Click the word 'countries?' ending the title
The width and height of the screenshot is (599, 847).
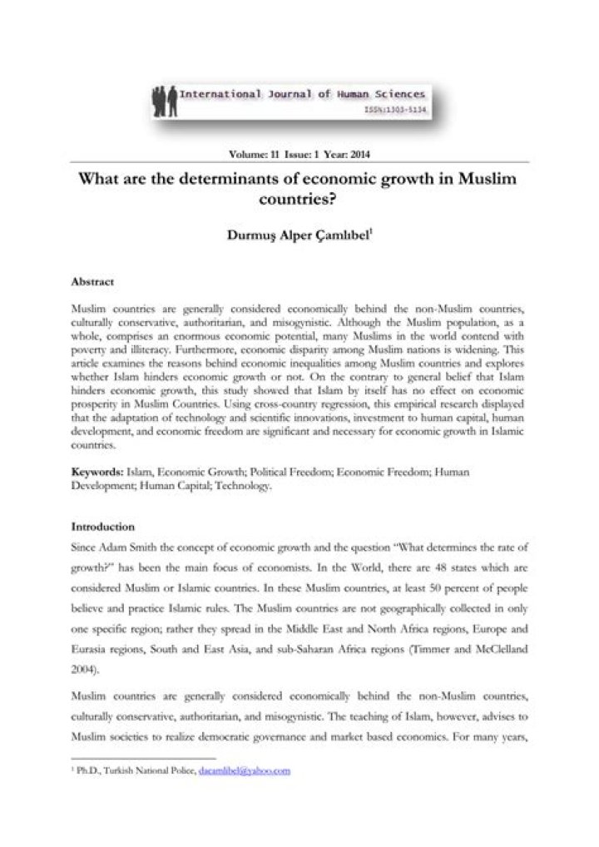(x=299, y=200)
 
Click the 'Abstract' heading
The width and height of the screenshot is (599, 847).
(x=92, y=281)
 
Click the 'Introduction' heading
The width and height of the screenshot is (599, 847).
(x=102, y=527)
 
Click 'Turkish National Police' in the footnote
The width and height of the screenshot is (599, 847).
(x=151, y=771)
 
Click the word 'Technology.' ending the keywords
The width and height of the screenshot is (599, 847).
(x=245, y=485)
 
